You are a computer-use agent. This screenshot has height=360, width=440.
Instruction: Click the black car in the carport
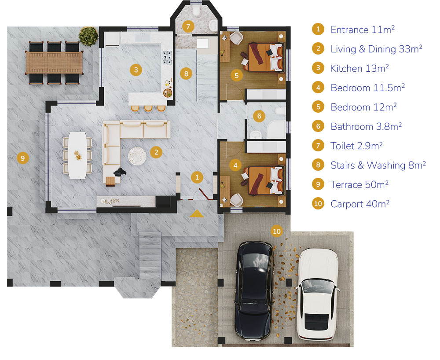coord(254,291)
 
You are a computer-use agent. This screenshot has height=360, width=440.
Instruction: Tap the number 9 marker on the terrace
coord(23,158)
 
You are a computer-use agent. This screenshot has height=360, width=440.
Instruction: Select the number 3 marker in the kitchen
coord(136,70)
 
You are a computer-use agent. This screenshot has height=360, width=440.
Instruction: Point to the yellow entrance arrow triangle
coord(196,214)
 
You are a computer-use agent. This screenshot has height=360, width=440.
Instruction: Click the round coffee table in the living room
coord(137,156)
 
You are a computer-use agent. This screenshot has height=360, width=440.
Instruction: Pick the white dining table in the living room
coord(77,155)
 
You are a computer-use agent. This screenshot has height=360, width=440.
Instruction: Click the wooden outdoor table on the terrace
coord(54,62)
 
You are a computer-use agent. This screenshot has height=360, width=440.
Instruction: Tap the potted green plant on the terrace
coord(88,36)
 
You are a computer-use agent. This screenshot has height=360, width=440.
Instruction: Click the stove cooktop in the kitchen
coord(167,58)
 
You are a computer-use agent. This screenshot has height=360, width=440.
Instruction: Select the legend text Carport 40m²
coord(360,204)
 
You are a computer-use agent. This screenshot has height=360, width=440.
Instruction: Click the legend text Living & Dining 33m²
coord(376,49)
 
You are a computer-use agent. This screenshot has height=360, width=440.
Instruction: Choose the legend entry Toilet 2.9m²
coord(356,146)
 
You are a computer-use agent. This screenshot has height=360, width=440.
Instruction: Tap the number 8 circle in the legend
coord(318,165)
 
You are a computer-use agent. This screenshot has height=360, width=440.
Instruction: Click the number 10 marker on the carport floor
coord(277,231)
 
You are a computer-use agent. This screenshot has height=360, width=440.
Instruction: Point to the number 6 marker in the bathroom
coord(259,116)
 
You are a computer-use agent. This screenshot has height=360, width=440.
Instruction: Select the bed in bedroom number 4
coord(263,180)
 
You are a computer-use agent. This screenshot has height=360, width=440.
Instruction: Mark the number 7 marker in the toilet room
coord(188,27)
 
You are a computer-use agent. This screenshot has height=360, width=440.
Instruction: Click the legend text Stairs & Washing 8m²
coord(378,165)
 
